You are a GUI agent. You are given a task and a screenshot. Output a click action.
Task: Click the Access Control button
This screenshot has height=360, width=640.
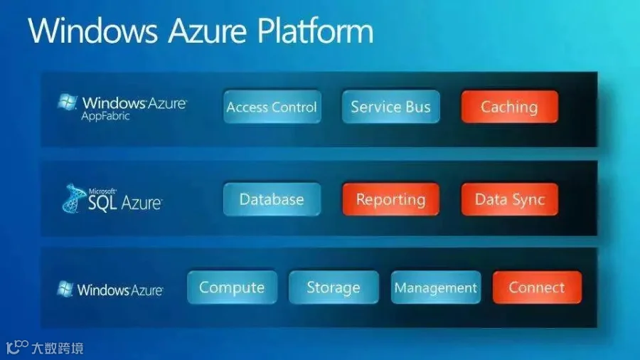(x=272, y=107)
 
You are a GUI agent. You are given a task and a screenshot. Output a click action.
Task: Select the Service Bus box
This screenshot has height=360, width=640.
(x=391, y=107)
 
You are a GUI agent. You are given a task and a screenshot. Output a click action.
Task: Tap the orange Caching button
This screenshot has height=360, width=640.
(x=509, y=107)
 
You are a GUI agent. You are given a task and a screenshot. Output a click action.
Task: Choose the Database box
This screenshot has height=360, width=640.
(x=272, y=199)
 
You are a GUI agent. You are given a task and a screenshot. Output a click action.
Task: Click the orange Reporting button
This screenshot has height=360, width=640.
(x=391, y=199)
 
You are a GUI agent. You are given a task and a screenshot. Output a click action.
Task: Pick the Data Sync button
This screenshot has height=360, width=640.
(x=509, y=199)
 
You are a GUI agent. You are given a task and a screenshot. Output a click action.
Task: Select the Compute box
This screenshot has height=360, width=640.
(x=232, y=287)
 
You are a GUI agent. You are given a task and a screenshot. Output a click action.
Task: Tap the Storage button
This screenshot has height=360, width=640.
(x=334, y=287)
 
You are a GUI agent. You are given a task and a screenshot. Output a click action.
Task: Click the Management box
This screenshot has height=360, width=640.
(x=435, y=287)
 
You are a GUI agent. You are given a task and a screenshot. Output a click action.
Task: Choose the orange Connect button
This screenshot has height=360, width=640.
(x=537, y=287)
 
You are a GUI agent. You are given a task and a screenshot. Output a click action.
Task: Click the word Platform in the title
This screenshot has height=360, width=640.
(x=315, y=31)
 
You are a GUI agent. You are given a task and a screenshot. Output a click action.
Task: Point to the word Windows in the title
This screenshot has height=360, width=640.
(x=92, y=31)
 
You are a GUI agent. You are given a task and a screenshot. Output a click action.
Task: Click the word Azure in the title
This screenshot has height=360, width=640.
(x=208, y=32)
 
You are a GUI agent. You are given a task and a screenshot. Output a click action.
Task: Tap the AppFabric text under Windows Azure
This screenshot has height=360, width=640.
(x=105, y=117)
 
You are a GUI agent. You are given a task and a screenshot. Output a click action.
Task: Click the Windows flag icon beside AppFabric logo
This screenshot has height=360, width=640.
(x=68, y=102)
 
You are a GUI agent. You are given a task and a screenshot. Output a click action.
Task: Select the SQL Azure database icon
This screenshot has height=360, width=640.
(x=73, y=198)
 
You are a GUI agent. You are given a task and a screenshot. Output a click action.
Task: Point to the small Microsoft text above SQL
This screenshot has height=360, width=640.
(x=102, y=191)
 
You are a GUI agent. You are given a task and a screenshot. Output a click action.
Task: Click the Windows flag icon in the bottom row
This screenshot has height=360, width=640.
(x=65, y=289)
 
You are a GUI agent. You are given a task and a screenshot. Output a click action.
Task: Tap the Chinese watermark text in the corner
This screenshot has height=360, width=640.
(x=58, y=348)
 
